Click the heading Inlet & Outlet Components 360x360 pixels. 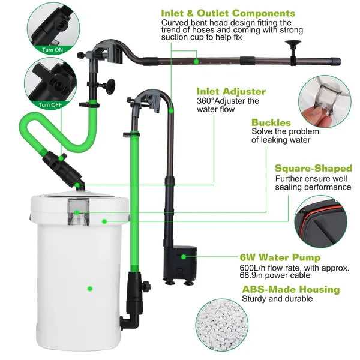click(x=228, y=13)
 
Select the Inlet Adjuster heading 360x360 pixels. click(x=231, y=91)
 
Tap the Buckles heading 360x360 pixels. click(x=271, y=122)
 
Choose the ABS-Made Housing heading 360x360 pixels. click(x=290, y=289)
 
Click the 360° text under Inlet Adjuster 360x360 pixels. click(x=208, y=101)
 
